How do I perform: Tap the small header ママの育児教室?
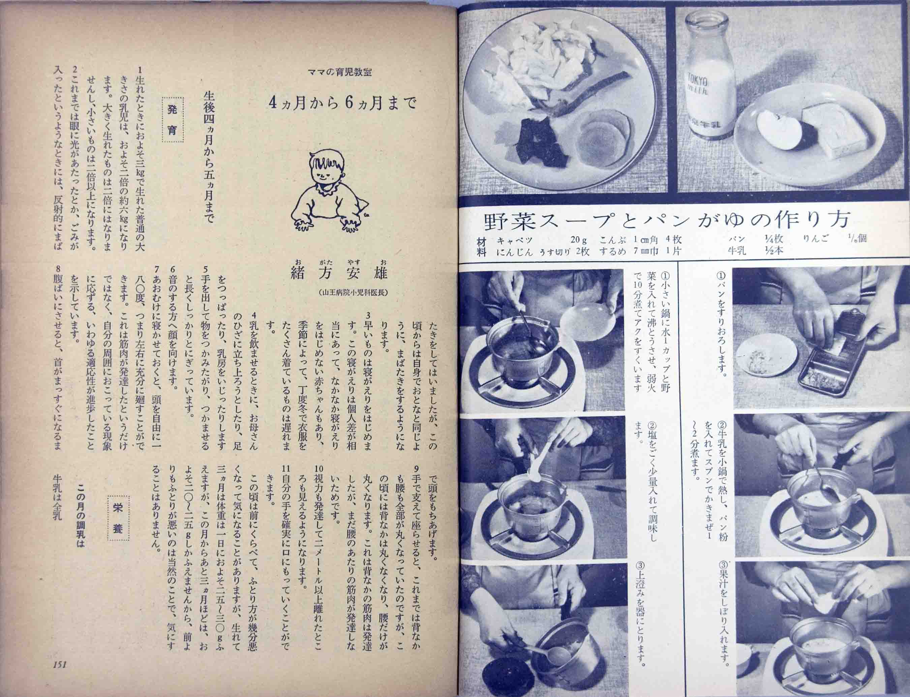click(340, 72)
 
